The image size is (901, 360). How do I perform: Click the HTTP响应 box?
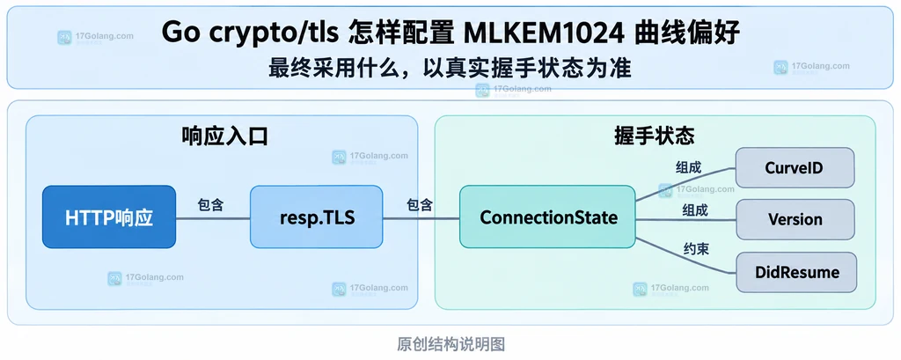point(109,217)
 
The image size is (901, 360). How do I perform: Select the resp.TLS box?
point(316,217)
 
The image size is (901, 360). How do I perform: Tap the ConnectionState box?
point(547,217)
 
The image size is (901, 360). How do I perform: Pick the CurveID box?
point(795,167)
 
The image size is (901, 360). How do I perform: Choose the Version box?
point(795,219)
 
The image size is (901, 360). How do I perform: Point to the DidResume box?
point(795,272)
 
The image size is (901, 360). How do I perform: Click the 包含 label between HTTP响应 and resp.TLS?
point(210,204)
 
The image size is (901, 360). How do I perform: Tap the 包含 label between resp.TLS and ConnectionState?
point(420,204)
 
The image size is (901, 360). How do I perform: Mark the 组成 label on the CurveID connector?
point(688,168)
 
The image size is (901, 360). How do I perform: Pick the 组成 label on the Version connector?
point(695,210)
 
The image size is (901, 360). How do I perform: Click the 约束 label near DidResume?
point(695,249)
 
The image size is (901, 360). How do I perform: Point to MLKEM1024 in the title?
point(544,33)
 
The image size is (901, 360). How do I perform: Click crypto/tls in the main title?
point(268,33)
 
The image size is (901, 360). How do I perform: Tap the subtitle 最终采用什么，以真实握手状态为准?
point(450,69)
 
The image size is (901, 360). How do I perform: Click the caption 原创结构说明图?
point(450,344)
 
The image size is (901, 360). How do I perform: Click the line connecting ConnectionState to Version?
point(685,220)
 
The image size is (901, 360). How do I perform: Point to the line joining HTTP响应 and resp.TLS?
point(213,218)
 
